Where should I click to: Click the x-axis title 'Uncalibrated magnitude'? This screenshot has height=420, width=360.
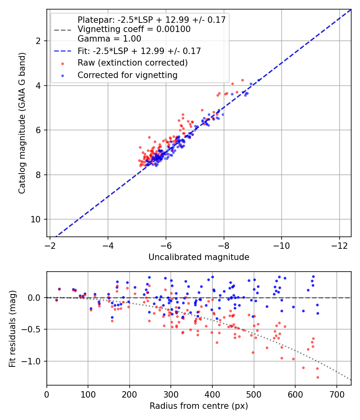199,257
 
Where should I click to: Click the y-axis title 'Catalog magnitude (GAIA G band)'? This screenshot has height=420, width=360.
22,123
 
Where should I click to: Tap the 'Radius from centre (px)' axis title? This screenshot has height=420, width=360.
199,406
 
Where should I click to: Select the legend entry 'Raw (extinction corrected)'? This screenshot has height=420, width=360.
132,63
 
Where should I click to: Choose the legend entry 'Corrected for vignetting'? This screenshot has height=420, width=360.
128,75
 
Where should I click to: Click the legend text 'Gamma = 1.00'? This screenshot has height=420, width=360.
109,39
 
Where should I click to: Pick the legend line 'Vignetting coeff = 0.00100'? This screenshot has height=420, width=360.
134,29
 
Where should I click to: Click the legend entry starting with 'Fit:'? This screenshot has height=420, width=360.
139,51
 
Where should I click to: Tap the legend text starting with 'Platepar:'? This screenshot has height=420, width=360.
152,20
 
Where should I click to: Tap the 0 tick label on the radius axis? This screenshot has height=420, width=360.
47,394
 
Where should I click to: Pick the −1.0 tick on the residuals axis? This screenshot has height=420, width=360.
34,361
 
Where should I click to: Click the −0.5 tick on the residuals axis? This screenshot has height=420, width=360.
34,329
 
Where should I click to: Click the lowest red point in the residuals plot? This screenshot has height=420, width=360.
318,377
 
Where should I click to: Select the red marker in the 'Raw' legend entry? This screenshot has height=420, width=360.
62,63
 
